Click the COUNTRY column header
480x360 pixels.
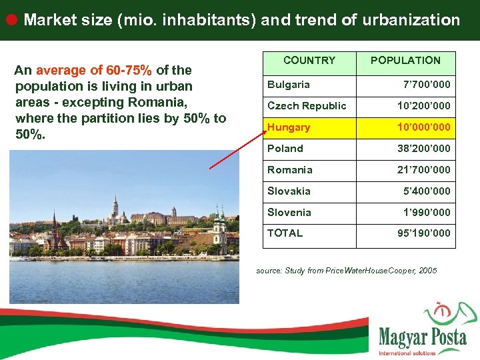pyautogui.click(x=309, y=61)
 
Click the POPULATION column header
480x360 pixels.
pyautogui.click(x=405, y=61)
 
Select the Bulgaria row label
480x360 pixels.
pyautogui.click(x=289, y=85)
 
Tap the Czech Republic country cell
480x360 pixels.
pyautogui.click(x=307, y=106)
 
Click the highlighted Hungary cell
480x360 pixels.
pyautogui.click(x=289, y=127)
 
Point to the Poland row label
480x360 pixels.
pyautogui.click(x=285, y=149)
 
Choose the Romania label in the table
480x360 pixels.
pyautogui.click(x=290, y=170)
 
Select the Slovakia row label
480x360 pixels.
pyautogui.click(x=289, y=191)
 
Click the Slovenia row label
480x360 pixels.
pyautogui.click(x=289, y=213)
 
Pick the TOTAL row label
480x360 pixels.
pyautogui.click(x=285, y=233)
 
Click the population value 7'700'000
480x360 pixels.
pyautogui.click(x=427, y=85)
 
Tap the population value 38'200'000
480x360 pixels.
pyautogui.click(x=424, y=149)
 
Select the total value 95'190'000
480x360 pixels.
pyautogui.click(x=424, y=233)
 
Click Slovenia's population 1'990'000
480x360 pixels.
pyautogui.click(x=427, y=213)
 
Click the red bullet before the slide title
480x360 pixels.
pyautogui.click(x=11, y=19)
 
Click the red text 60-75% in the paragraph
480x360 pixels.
pyautogui.click(x=129, y=70)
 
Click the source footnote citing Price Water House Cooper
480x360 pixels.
pyautogui.click(x=347, y=271)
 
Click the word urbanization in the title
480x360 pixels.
pyautogui.click(x=411, y=20)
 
